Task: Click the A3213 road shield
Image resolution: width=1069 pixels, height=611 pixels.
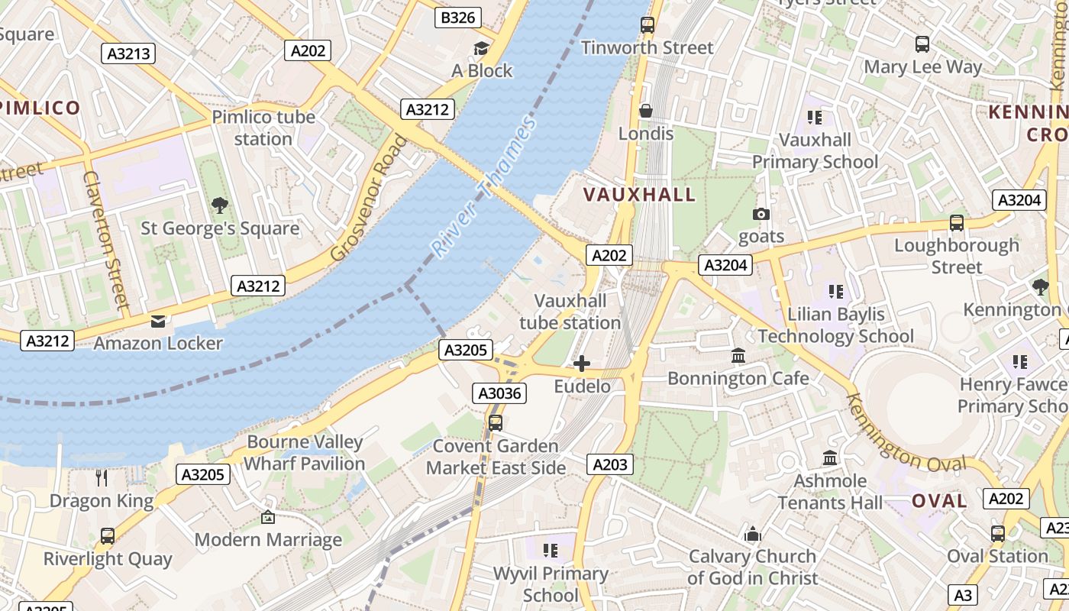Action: click(128, 53)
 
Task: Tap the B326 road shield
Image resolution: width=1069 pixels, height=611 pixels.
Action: click(458, 18)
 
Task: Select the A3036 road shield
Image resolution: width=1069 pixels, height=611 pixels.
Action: click(499, 393)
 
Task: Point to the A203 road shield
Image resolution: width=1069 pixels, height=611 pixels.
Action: click(610, 464)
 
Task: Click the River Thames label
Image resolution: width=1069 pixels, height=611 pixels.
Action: click(483, 186)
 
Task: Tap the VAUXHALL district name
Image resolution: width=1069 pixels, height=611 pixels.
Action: click(640, 194)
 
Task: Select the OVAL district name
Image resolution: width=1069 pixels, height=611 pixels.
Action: click(939, 501)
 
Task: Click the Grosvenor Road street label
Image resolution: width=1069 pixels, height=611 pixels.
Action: click(369, 198)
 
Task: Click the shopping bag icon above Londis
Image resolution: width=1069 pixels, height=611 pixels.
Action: click(646, 111)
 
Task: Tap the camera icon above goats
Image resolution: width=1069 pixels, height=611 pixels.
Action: click(761, 214)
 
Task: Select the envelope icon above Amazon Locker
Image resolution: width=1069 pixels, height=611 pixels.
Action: click(158, 321)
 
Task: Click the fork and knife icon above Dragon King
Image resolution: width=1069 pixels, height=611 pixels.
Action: click(102, 478)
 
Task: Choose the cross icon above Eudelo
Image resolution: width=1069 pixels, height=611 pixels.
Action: click(582, 364)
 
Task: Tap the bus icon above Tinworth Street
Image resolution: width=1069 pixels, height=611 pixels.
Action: click(648, 24)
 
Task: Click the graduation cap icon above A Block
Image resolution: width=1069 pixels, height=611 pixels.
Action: click(481, 48)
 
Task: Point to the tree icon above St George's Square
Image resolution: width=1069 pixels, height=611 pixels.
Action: click(220, 205)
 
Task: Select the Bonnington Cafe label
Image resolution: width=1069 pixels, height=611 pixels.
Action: click(738, 378)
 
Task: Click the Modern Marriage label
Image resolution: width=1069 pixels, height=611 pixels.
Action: click(268, 540)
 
